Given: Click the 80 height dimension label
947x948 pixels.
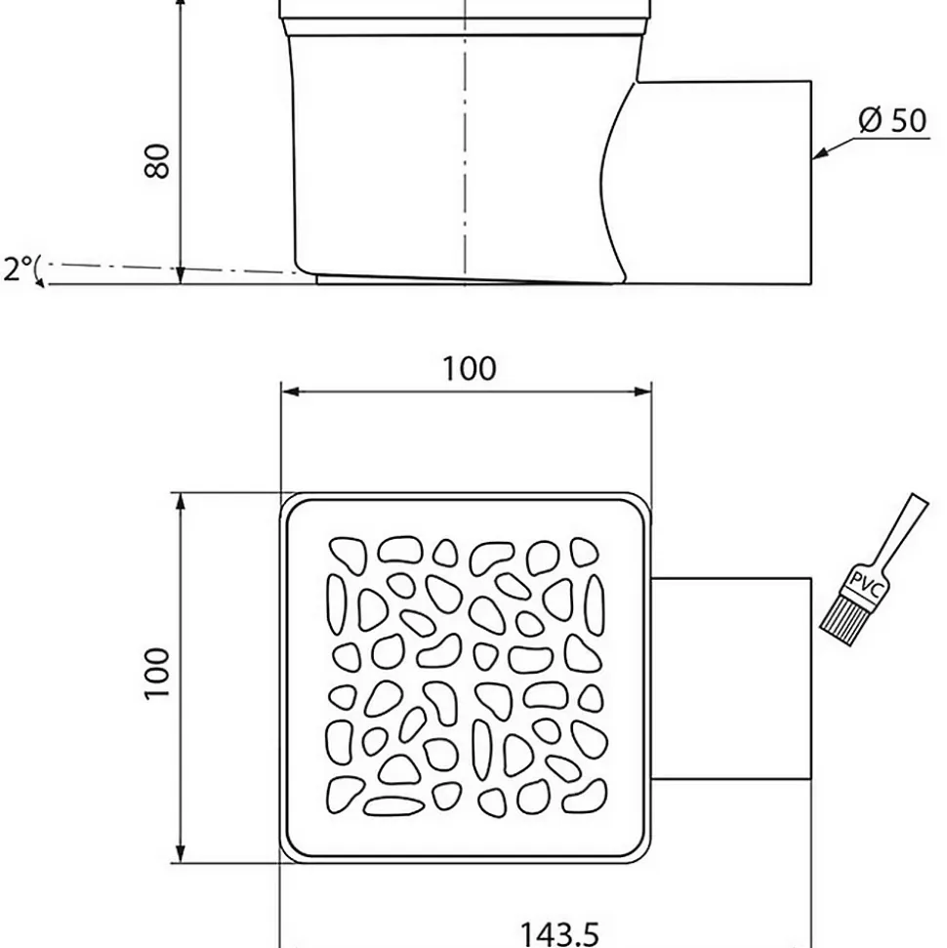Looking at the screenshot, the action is point(157,161).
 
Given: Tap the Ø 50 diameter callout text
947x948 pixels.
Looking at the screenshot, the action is point(892,120).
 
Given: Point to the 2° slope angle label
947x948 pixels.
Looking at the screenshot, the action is point(18,268).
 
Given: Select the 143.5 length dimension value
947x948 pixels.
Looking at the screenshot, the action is point(559,933).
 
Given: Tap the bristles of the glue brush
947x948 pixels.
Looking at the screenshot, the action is point(841,623).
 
